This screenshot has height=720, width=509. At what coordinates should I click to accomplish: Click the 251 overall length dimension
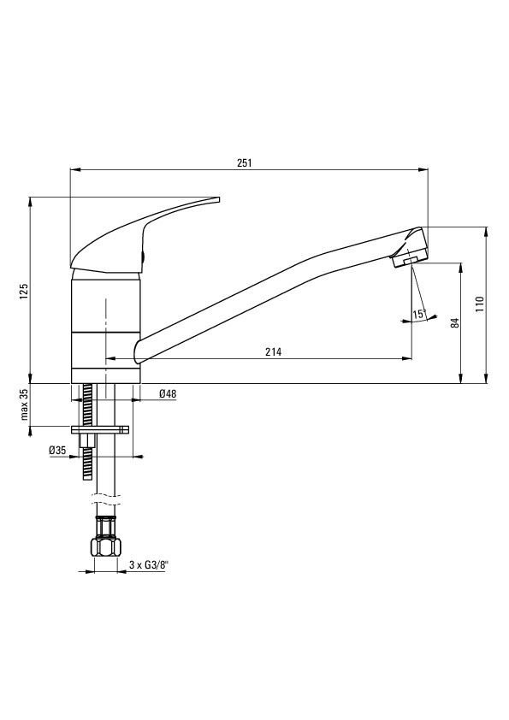[244, 163]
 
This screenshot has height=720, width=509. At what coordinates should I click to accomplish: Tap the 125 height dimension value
[24, 292]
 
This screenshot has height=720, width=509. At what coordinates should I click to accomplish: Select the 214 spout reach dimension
[274, 352]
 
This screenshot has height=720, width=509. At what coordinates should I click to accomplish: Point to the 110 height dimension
[480, 304]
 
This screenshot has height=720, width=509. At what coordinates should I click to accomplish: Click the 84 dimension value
[455, 323]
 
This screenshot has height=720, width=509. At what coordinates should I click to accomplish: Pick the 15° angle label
[419, 315]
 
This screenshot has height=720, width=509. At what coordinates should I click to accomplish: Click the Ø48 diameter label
[168, 393]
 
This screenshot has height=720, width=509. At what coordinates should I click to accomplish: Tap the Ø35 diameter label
[58, 451]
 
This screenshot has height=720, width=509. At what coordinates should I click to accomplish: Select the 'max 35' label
[24, 404]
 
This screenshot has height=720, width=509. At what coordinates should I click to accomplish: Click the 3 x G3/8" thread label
[146, 565]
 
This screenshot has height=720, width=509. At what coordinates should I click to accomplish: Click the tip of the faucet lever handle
[219, 199]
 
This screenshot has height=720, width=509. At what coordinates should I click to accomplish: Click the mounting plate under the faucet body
[100, 430]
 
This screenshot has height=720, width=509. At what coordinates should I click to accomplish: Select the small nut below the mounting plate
[86, 441]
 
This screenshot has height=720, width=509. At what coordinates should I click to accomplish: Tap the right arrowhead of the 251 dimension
[424, 169]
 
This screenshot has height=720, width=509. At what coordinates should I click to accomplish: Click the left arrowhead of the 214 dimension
[110, 358]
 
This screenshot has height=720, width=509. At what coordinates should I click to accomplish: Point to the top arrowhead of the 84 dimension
[460, 267]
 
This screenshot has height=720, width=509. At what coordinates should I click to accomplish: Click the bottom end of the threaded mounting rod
[87, 479]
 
